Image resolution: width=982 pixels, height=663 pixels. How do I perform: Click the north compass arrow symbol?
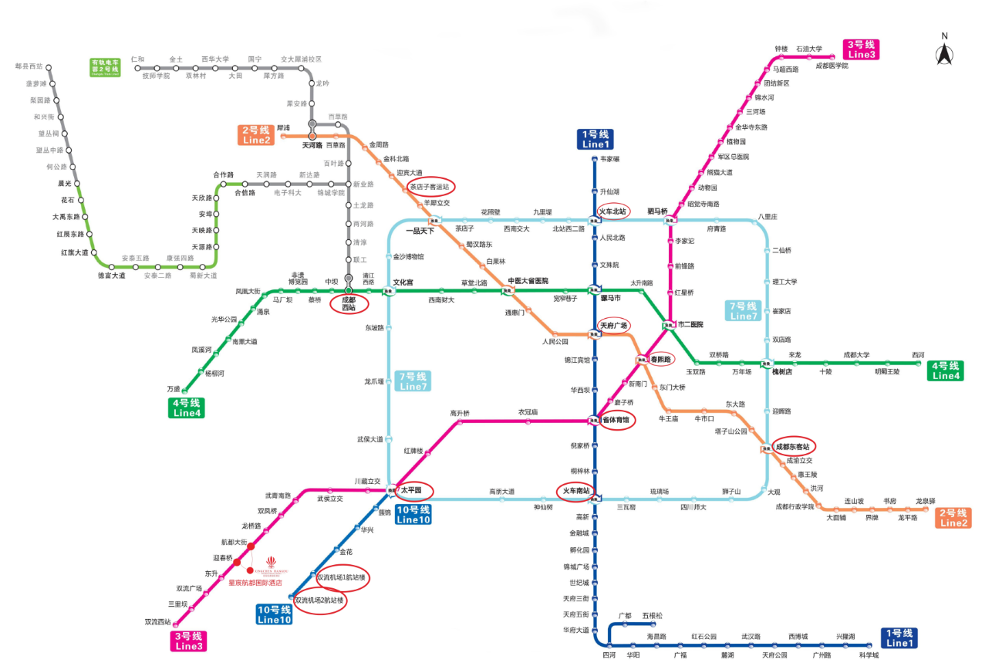(x=944, y=54)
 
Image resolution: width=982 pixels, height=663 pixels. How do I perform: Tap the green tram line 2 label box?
(x=105, y=66)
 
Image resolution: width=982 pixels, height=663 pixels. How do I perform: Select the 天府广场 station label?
(x=614, y=326)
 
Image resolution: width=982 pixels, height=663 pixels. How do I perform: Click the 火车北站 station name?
(x=614, y=210)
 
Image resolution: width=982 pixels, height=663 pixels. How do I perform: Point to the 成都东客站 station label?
(x=793, y=446)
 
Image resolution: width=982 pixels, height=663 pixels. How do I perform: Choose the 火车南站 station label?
(x=575, y=490)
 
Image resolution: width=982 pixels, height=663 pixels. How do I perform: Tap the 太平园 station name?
(x=411, y=490)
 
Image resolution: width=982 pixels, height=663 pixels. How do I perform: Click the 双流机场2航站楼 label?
(x=319, y=600)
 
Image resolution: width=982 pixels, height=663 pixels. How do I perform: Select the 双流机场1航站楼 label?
(x=342, y=577)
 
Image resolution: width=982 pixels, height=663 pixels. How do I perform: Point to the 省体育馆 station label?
(x=616, y=421)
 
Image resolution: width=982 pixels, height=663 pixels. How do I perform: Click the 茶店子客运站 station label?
(x=430, y=186)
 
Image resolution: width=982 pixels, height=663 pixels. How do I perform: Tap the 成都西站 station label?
(x=349, y=303)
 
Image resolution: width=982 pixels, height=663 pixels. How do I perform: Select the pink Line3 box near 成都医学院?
(x=862, y=49)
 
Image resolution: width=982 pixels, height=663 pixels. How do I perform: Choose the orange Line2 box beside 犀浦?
(x=256, y=135)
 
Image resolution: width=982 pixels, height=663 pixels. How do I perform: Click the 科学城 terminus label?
(x=869, y=655)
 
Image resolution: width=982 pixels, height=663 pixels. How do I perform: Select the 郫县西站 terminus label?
(x=29, y=67)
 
